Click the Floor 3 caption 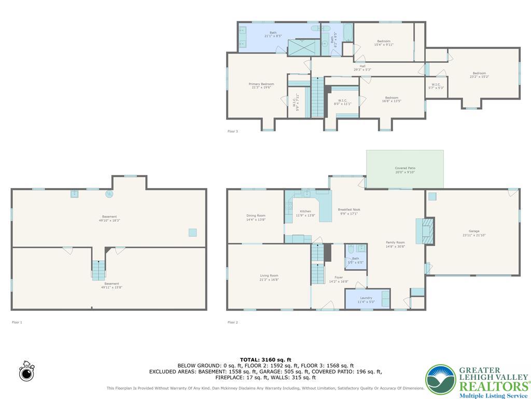tap(233, 131)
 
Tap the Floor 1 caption tap(17, 322)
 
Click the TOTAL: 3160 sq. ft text tap(265, 360)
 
